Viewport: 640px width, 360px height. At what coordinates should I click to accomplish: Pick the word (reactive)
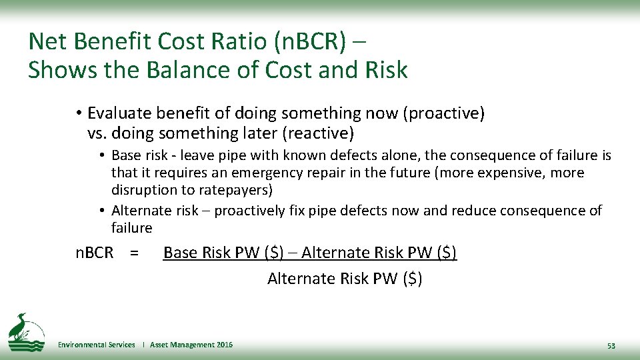pos(318,133)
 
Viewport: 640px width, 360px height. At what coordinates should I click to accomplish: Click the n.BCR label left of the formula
pos(94,253)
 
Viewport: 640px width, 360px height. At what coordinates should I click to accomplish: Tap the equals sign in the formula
pos(135,253)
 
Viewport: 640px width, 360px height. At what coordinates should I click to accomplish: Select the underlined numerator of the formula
pos(310,253)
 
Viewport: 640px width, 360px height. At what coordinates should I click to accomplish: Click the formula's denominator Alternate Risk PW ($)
pos(345,279)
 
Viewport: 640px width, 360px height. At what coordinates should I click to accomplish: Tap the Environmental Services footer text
pos(96,345)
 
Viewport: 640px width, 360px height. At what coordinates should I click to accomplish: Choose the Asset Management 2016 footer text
pos(191,345)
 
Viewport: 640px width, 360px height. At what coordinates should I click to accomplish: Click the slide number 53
pos(611,346)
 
